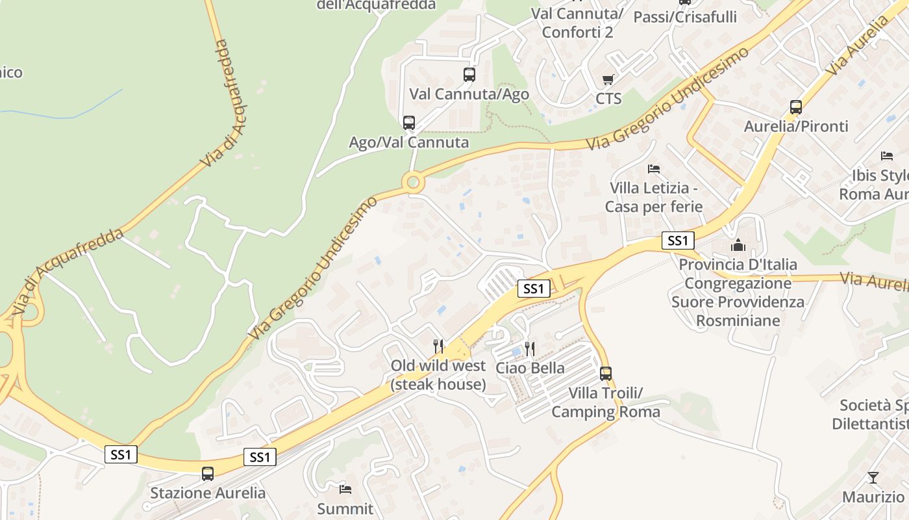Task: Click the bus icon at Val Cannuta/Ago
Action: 469,75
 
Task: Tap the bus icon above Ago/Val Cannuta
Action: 409,123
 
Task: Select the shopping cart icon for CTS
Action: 608,80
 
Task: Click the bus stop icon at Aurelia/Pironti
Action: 796,107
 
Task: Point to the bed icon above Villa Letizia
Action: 654,169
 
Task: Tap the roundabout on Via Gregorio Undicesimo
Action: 414,182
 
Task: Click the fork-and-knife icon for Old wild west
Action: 439,346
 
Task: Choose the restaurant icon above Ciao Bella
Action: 530,349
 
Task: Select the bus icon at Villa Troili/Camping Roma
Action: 606,374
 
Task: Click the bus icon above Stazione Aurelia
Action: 208,474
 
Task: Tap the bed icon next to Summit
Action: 345,489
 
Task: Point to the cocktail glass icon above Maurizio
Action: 873,478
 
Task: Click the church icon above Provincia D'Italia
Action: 738,245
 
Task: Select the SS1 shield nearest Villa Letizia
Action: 678,240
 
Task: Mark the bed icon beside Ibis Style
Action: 887,156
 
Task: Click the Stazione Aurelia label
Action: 208,493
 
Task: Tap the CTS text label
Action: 608,99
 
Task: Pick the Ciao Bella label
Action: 530,368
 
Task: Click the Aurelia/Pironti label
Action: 796,126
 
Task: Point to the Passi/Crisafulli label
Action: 685,17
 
